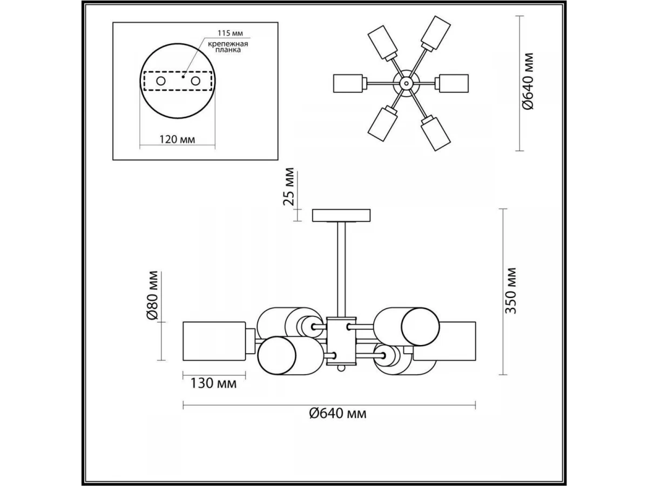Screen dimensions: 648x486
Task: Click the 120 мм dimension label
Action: click(x=177, y=139)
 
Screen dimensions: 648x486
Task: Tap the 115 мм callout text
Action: click(x=230, y=33)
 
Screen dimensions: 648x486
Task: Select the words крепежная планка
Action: click(x=228, y=47)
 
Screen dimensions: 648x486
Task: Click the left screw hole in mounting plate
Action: click(x=160, y=81)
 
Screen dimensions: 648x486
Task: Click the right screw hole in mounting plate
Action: click(x=195, y=81)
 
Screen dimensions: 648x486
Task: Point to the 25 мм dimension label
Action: click(x=288, y=186)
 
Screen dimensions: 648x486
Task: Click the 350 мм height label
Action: click(x=510, y=291)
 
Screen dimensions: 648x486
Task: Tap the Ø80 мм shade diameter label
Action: click(x=152, y=295)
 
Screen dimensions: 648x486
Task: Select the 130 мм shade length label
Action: click(x=213, y=383)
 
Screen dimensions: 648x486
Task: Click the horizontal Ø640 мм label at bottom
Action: click(x=337, y=414)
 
